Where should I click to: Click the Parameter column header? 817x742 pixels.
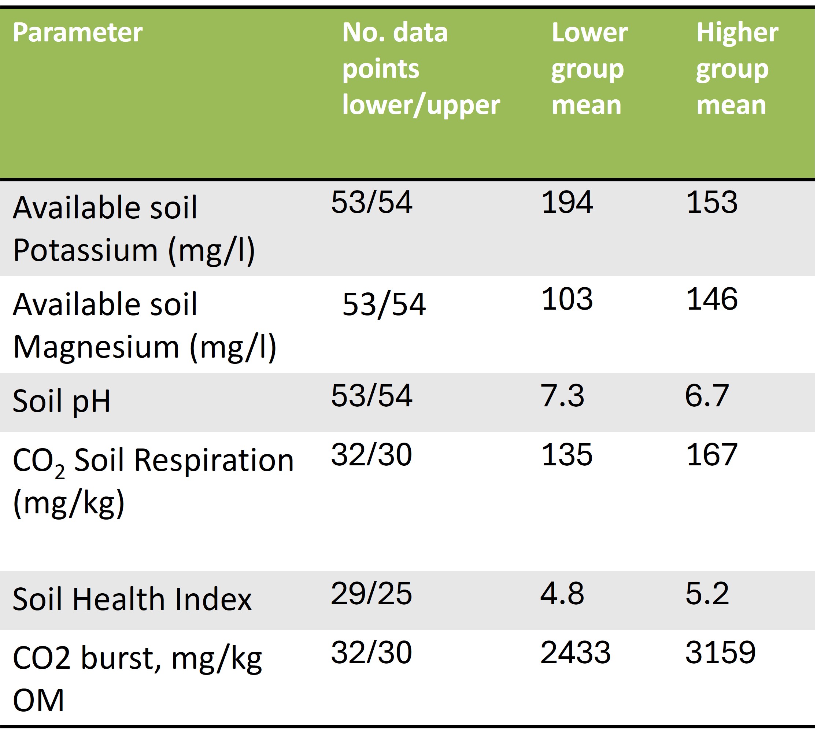[77, 32]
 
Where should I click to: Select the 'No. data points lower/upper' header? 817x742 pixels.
[421, 69]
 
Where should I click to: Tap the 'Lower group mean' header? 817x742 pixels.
[589, 69]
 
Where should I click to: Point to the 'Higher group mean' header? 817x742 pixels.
[736, 69]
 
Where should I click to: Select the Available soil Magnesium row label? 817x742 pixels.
[144, 325]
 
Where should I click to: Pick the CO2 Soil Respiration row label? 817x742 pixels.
[153, 481]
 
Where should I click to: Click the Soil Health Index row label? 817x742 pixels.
[132, 599]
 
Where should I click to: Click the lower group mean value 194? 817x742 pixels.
[566, 202]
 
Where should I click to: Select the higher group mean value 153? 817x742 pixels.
[711, 202]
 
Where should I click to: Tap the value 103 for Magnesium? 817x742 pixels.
[566, 299]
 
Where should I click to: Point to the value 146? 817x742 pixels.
[711, 299]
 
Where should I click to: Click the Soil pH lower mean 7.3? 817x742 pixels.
[562, 395]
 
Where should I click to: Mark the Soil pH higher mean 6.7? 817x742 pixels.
[707, 395]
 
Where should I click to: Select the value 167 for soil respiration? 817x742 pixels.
[711, 455]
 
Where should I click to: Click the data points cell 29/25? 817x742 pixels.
[371, 594]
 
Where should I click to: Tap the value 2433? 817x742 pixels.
[575, 653]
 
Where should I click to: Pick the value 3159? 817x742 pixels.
[720, 653]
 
